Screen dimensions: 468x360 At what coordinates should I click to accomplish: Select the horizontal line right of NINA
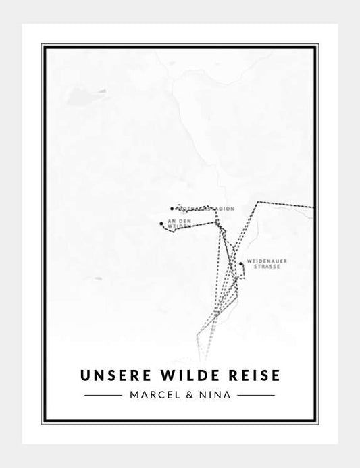coord(257,394)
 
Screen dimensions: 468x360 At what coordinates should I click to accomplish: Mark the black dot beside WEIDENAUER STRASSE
coord(240,264)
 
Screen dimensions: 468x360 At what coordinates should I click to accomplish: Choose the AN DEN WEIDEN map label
coord(176,224)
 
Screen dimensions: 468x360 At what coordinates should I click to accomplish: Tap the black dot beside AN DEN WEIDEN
coord(161,223)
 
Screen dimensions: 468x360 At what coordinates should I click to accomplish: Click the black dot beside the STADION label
coord(172,209)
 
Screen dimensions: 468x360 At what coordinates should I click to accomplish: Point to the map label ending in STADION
coord(205,209)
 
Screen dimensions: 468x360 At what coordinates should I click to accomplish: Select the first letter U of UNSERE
coord(84,373)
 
